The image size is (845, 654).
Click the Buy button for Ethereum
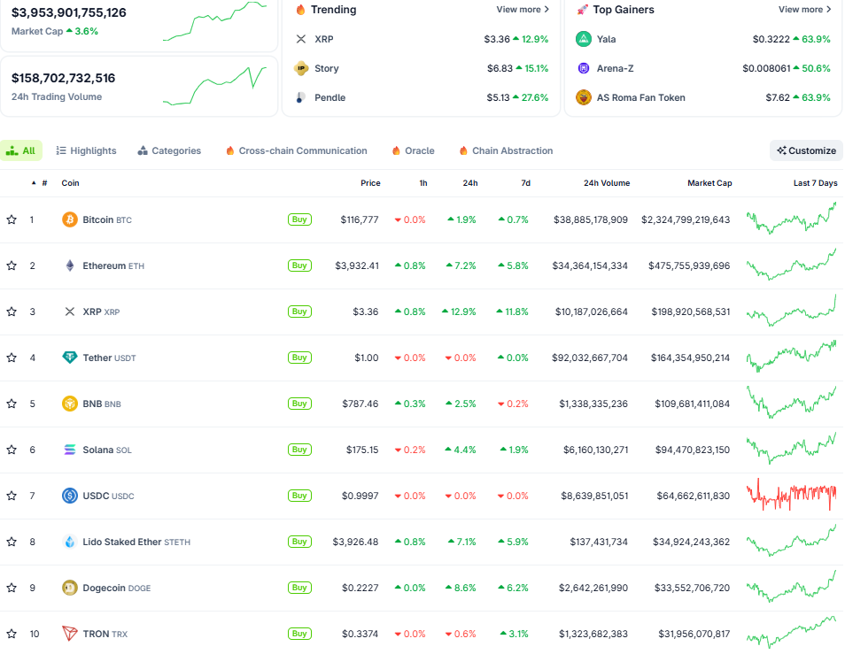(x=299, y=265)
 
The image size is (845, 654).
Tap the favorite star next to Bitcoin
(x=12, y=219)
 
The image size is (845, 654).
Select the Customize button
(x=806, y=150)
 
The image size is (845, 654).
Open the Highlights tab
(x=86, y=151)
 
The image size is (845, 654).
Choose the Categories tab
(x=169, y=151)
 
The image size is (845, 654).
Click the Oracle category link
(x=413, y=151)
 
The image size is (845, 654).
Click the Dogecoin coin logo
(x=70, y=588)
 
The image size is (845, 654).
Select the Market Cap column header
(x=709, y=183)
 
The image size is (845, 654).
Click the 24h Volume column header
(x=607, y=183)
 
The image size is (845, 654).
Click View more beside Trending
(x=523, y=10)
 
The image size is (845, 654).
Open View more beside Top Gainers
(x=804, y=10)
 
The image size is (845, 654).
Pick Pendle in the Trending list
(x=329, y=97)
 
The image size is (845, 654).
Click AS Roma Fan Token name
(x=640, y=97)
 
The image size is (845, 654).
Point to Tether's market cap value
(x=687, y=358)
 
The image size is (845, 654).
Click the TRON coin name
(x=97, y=634)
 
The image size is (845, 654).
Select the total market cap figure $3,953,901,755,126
(x=69, y=12)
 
